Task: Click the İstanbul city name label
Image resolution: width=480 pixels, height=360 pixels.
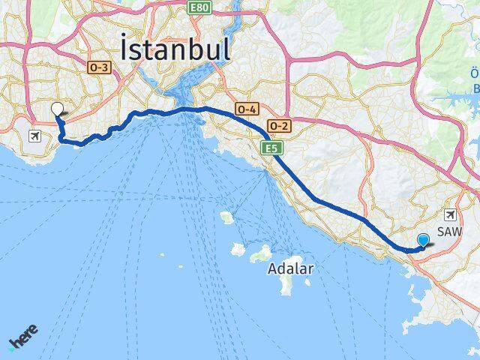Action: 174,49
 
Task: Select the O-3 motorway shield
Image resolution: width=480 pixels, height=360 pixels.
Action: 100,67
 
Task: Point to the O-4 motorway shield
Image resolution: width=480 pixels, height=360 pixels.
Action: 247,109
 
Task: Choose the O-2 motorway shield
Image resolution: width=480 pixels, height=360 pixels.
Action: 279,125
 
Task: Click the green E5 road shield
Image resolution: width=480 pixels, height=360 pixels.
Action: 271,148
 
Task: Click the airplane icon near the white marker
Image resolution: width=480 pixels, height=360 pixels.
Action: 34,136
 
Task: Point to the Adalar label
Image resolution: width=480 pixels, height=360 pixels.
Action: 290,268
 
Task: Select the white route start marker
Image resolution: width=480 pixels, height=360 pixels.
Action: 58,109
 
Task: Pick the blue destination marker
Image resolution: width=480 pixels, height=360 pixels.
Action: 423,240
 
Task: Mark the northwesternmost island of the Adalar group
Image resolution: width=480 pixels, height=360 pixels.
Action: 226,217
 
